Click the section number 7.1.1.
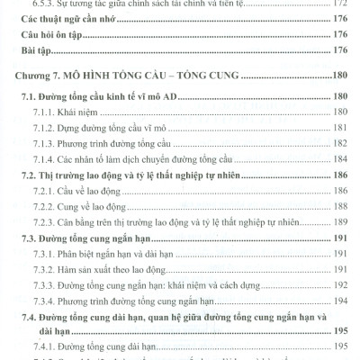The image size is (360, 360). (47, 112)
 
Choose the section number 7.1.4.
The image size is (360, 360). (47, 159)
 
